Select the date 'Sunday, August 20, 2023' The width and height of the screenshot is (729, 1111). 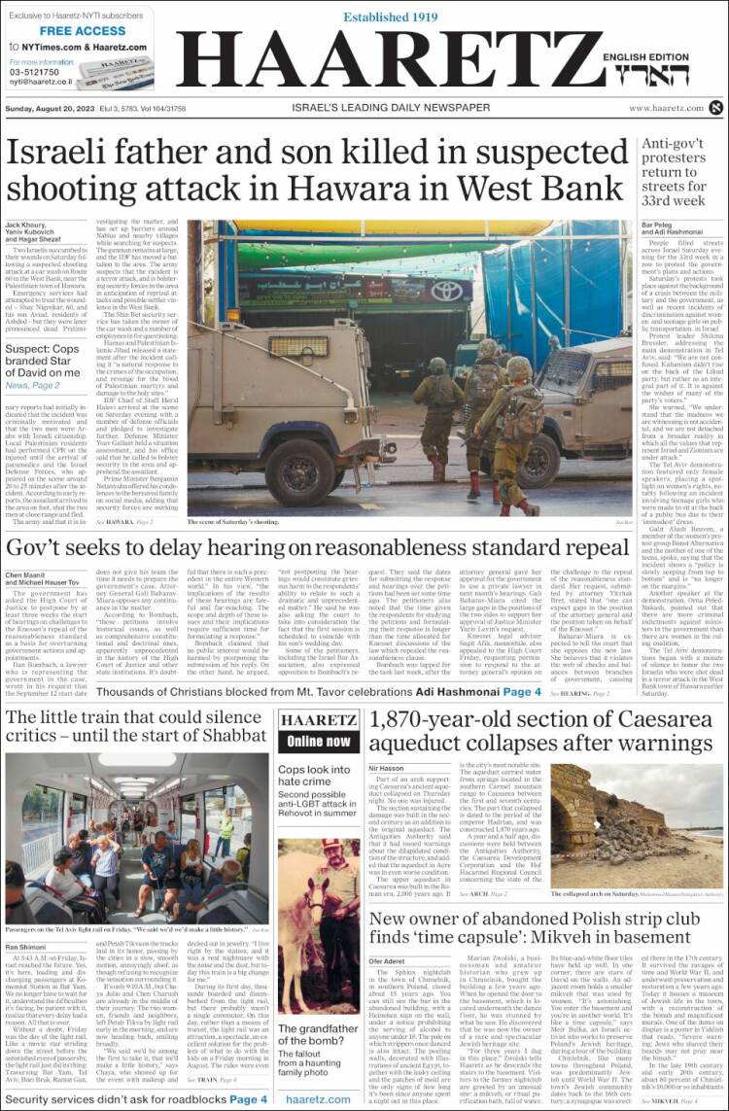[52, 108]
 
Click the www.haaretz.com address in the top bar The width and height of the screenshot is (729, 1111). [666, 108]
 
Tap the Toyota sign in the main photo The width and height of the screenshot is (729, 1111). [448, 290]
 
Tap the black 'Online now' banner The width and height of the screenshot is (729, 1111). [318, 741]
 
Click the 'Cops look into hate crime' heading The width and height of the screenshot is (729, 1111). [315, 776]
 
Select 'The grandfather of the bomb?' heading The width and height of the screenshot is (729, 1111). [318, 1035]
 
